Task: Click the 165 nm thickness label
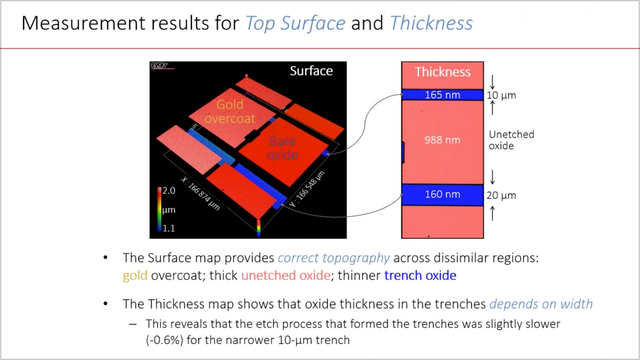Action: [x=442, y=95]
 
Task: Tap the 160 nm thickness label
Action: [x=442, y=194]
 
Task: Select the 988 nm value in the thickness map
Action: [x=442, y=140]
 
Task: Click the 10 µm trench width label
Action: [x=502, y=95]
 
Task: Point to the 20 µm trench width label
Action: [x=502, y=195]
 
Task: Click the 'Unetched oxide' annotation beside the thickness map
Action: [x=511, y=140]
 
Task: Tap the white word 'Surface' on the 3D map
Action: [x=312, y=71]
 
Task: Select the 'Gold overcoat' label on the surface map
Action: [x=230, y=111]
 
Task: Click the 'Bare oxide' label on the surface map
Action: [x=282, y=148]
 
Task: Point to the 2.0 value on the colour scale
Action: [x=169, y=191]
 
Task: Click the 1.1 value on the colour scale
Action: [x=169, y=228]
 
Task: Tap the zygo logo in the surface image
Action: [x=159, y=65]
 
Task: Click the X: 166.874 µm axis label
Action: [x=200, y=194]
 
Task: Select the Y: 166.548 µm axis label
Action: [x=307, y=189]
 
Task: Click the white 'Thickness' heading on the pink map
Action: [x=442, y=72]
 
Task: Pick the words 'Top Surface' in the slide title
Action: [x=296, y=23]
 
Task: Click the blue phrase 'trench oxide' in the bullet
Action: [x=420, y=276]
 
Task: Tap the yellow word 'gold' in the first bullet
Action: [x=135, y=276]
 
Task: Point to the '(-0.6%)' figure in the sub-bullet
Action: [x=164, y=340]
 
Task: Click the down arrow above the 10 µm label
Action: [x=492, y=82]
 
